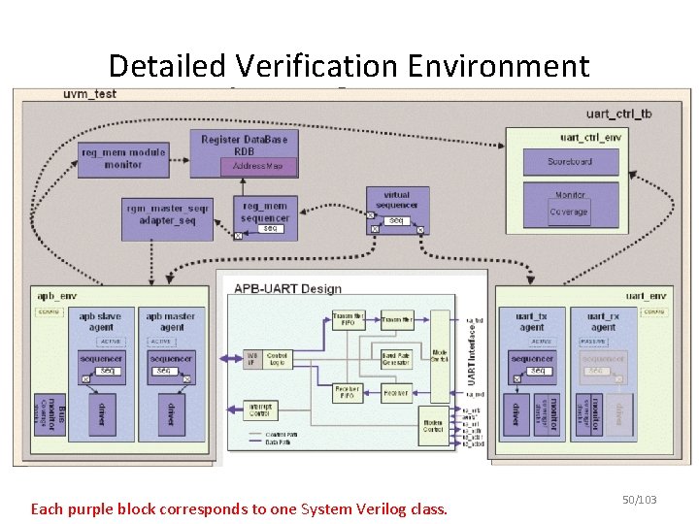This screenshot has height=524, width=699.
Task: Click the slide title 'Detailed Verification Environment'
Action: coord(349,66)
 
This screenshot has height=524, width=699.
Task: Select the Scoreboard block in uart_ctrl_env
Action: coord(570,162)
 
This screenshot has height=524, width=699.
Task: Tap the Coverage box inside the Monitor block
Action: coord(569,212)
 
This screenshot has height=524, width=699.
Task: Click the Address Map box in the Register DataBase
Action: coord(264,167)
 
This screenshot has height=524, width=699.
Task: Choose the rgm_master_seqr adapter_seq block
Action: coord(167,214)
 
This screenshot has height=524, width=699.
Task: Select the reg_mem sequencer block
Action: coord(265,213)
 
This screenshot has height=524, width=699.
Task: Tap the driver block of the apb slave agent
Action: coord(101,414)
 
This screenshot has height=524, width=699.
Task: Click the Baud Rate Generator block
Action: coord(396,359)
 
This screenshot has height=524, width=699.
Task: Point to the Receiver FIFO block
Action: coord(348,393)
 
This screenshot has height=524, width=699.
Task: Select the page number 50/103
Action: coord(640,500)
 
